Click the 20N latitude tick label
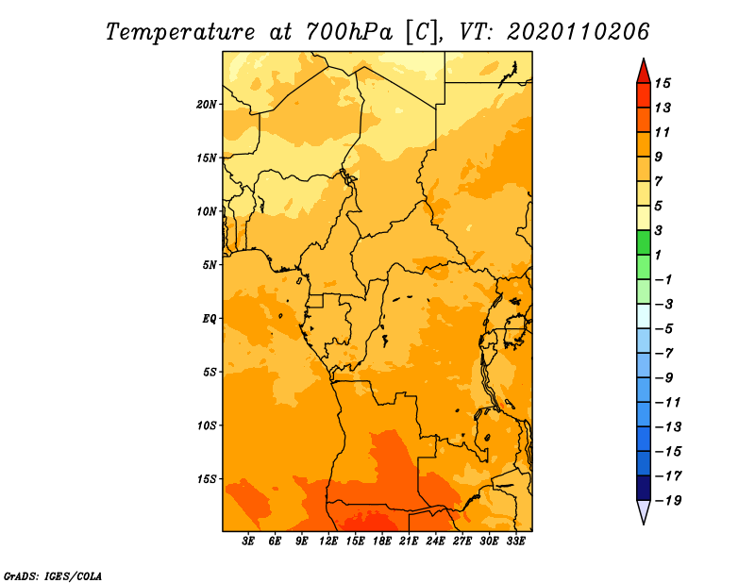click(x=207, y=105)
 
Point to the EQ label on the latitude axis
click(x=210, y=319)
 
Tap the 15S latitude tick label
click(x=207, y=479)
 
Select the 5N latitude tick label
click(x=210, y=265)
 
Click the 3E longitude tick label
click(x=248, y=541)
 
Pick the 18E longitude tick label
click(x=382, y=541)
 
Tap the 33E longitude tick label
click(x=515, y=541)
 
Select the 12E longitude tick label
click(x=328, y=541)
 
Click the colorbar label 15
click(x=663, y=83)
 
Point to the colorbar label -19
click(x=668, y=501)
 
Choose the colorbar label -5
click(x=664, y=329)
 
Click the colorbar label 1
click(x=659, y=255)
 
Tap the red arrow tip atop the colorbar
click(x=644, y=58)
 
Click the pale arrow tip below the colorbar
click(x=644, y=524)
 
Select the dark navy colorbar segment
click(x=644, y=488)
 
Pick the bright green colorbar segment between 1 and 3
click(x=644, y=242)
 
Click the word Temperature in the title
click(x=180, y=32)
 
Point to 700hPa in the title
click(x=349, y=32)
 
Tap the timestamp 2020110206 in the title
click(x=579, y=32)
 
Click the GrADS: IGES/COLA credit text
click(x=53, y=576)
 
